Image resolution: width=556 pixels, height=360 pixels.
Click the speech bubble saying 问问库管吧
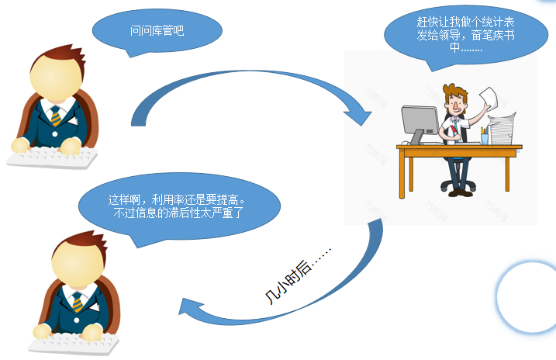click(x=157, y=31)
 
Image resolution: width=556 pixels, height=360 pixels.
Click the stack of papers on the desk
click(x=501, y=128)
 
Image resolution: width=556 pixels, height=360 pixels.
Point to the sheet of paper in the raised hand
click(x=489, y=99)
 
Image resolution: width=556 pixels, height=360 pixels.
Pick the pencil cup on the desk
click(x=485, y=136)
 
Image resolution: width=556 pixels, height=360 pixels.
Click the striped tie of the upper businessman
click(x=56, y=116)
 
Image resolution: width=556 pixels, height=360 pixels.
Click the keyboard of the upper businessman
click(x=52, y=157)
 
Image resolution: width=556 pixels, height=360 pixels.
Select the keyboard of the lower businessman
click(x=74, y=344)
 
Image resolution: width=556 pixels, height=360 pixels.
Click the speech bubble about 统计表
click(x=466, y=36)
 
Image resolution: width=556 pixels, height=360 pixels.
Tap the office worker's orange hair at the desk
click(x=455, y=92)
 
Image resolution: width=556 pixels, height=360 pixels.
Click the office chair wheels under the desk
click(x=458, y=185)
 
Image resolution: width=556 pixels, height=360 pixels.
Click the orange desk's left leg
click(x=402, y=173)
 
